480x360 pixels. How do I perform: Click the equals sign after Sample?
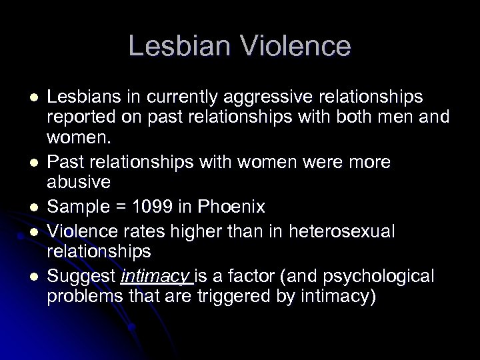(117, 208)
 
